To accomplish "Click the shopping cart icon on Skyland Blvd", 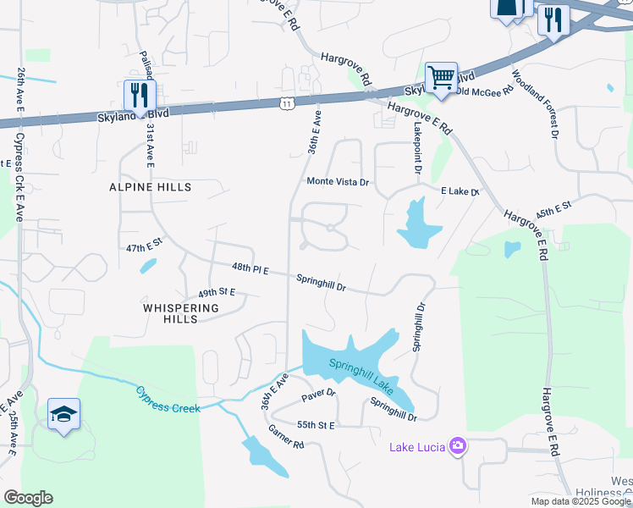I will [x=441, y=79].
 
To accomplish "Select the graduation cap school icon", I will [x=63, y=414].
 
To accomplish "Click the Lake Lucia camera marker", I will [x=458, y=446].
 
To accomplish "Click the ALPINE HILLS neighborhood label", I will [x=150, y=186].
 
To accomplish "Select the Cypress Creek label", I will [x=168, y=398].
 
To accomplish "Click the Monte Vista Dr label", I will [x=339, y=182].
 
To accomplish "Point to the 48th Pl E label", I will [x=250, y=269].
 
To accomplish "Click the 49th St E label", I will [x=217, y=291].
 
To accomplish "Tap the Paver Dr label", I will [x=319, y=394].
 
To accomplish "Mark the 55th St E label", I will [x=316, y=424].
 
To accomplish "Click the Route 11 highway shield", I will [x=287, y=103].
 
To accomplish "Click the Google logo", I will [x=28, y=498].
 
